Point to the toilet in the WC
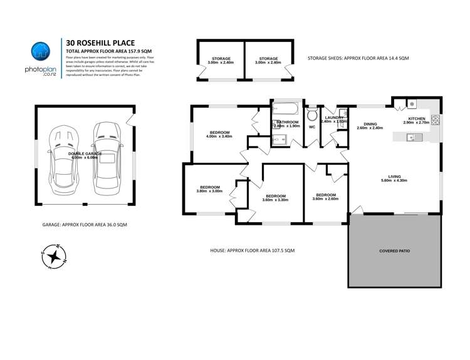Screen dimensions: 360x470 pos(311,116)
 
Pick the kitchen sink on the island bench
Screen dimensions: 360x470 pos(411,138)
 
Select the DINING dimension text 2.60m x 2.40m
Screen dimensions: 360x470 pos(369,128)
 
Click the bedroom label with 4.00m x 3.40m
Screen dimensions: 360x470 pos(219,133)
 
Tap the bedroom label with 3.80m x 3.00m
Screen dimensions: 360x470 pos(210,187)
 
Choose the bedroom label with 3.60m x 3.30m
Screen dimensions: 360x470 pos(274,196)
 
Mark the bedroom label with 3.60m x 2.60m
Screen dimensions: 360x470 pos(326,195)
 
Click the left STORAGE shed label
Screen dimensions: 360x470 pos(220,59)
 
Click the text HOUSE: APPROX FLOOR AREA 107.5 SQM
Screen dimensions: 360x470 pos(252,250)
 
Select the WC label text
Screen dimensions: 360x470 pos(311,127)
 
